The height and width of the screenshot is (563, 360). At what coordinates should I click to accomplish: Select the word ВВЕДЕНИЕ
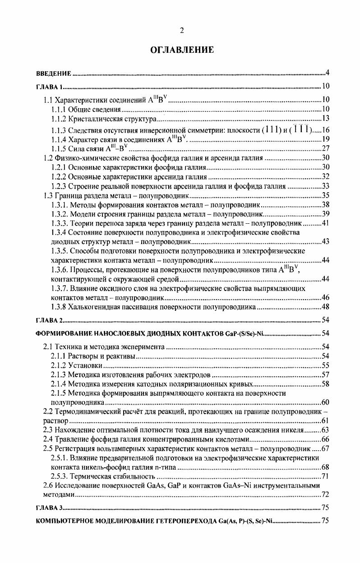point(54,73)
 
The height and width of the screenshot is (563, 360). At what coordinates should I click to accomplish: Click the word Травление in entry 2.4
point(71,440)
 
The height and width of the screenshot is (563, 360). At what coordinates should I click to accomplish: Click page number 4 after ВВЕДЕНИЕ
point(328,73)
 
